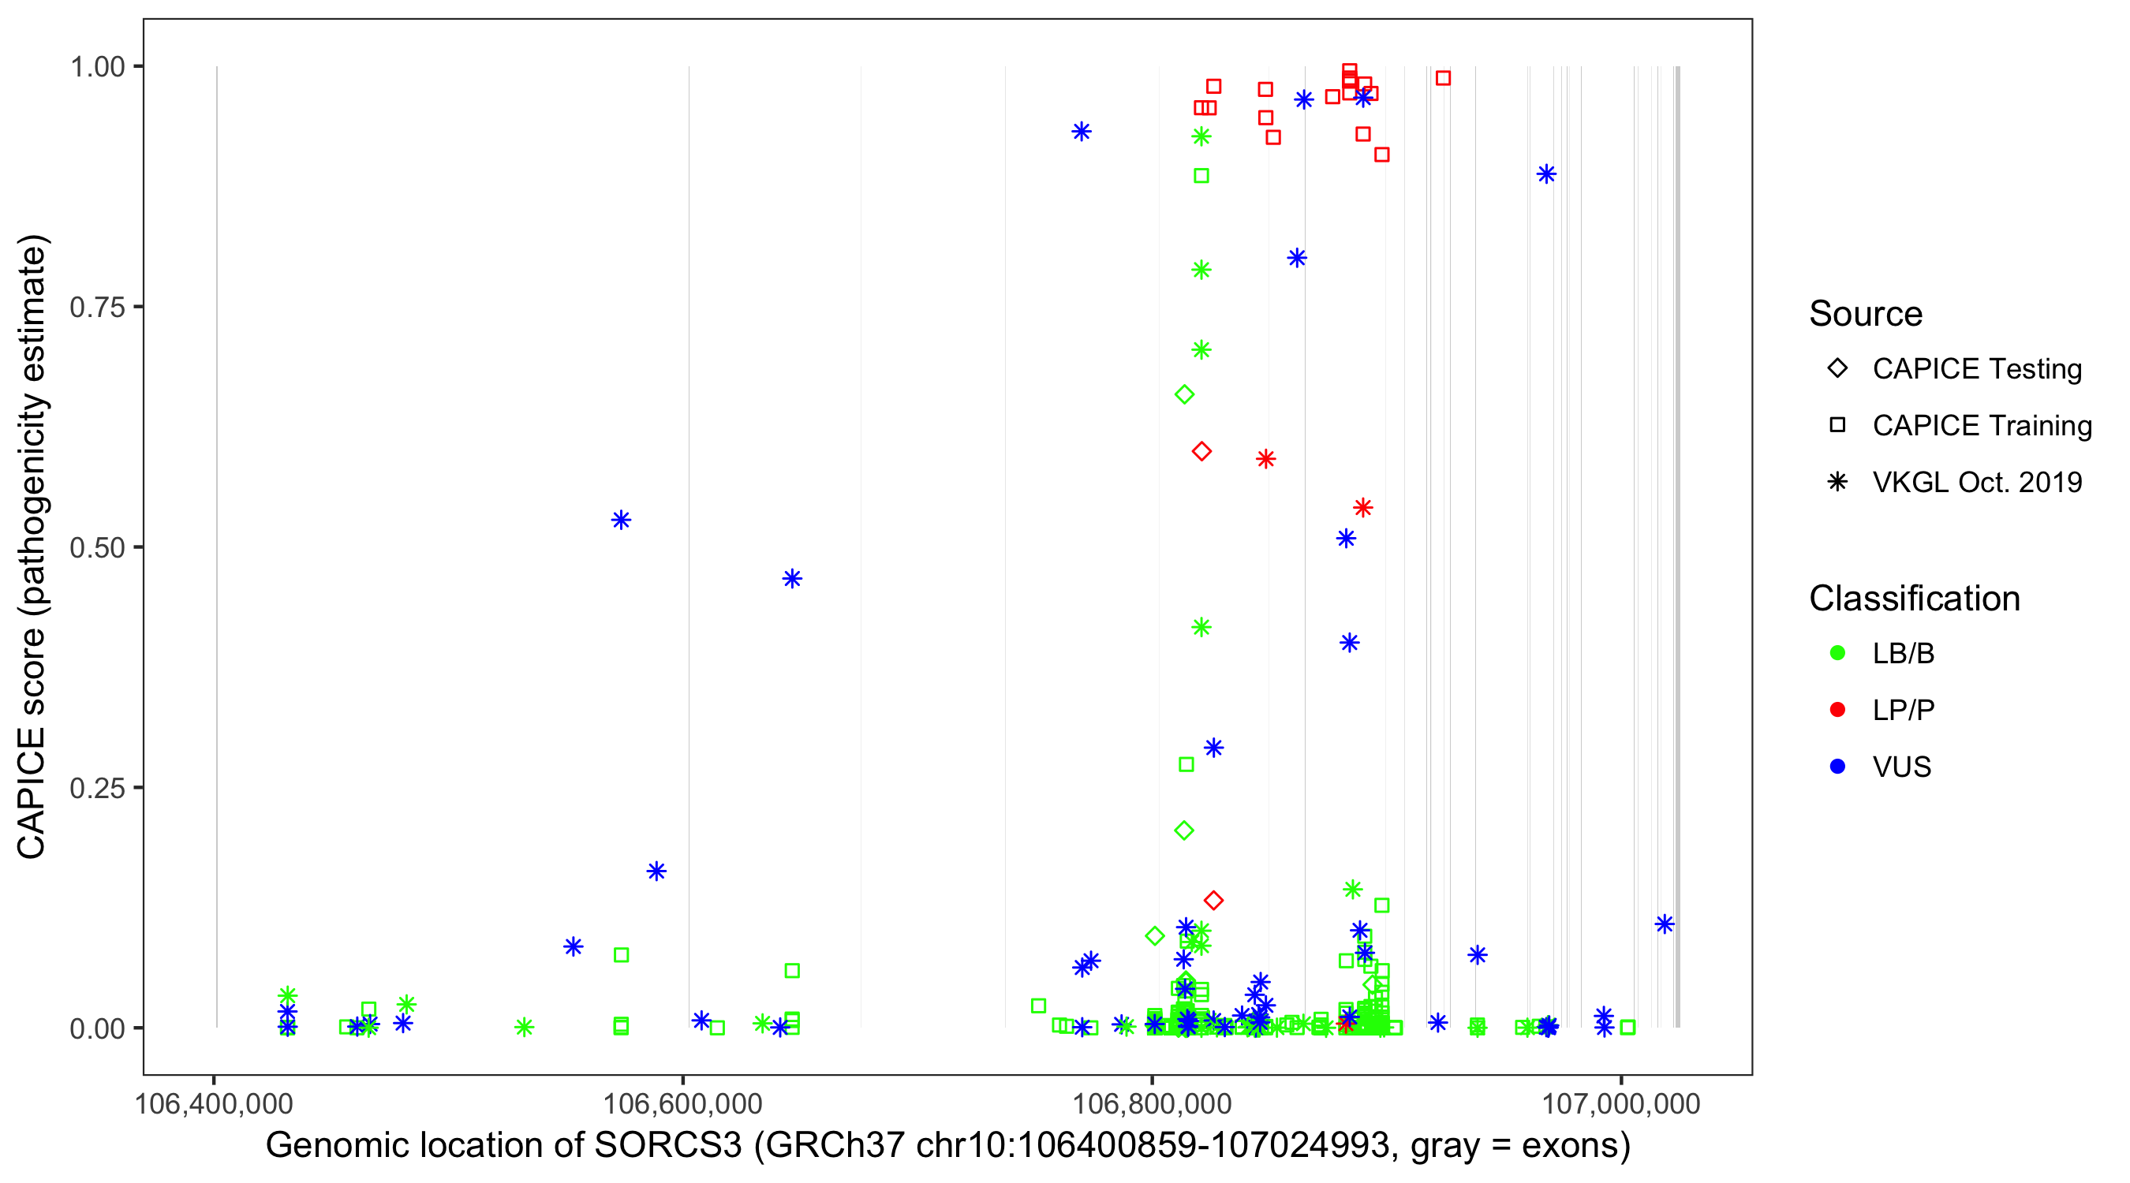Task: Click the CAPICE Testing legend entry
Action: [1976, 369]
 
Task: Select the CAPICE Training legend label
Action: [1982, 426]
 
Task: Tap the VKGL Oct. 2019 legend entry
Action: [1976, 482]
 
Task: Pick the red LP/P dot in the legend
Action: [1838, 710]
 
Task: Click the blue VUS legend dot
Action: [1838, 767]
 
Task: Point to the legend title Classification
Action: [1914, 599]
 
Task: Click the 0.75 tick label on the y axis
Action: [97, 308]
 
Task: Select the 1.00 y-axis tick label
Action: [97, 67]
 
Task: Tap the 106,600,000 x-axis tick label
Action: [683, 1103]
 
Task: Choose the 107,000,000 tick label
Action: [1620, 1103]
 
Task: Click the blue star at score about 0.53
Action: [621, 520]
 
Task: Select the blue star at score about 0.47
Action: [792, 579]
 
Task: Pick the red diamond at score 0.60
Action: [1201, 451]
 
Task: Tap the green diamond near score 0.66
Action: [1184, 395]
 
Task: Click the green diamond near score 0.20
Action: [1184, 830]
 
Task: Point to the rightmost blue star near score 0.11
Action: [1665, 924]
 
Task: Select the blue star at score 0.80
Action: [1296, 258]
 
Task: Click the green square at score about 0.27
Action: [1186, 765]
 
